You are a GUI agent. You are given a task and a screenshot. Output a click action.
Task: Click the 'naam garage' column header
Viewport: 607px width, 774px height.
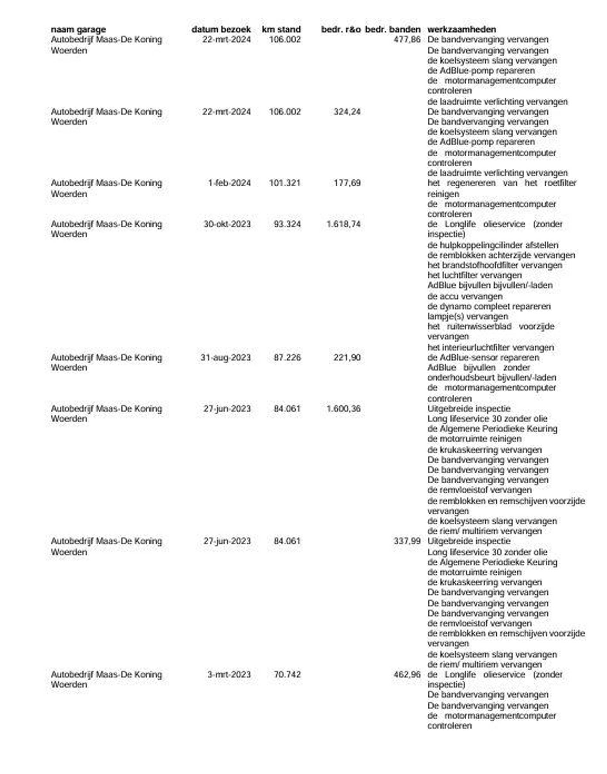pos(78,29)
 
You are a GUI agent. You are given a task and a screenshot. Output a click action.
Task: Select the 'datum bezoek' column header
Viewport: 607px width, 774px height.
pos(221,29)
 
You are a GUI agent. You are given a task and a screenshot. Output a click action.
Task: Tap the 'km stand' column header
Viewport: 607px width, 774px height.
pos(281,29)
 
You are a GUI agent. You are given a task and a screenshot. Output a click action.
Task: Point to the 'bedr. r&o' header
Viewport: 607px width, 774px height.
pos(341,29)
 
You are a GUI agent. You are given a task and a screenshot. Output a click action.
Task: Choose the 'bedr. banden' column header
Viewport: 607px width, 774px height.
pos(393,29)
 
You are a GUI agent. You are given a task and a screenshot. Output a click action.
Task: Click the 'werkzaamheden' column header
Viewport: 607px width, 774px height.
pos(462,29)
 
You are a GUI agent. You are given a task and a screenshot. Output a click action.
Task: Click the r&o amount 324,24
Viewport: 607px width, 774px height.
pos(347,112)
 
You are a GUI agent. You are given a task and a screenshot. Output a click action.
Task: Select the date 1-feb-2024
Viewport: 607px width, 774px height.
pos(229,183)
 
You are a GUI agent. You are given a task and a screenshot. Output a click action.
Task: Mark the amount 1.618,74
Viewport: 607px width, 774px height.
pos(343,224)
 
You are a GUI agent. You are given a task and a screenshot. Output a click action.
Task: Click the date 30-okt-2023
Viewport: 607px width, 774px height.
pos(227,224)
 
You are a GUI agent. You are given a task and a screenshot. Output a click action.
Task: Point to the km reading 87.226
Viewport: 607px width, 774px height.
pos(287,357)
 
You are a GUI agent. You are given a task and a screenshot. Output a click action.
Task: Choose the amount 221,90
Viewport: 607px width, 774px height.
pos(347,357)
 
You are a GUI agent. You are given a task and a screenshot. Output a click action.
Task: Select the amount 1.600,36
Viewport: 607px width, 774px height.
pos(343,409)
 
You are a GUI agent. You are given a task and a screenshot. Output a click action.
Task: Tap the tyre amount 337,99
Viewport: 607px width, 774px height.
pos(407,541)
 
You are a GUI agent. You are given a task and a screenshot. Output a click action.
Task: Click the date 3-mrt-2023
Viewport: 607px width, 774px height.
pos(229,674)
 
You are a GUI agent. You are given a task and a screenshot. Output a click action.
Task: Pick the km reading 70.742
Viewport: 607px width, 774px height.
pos(287,674)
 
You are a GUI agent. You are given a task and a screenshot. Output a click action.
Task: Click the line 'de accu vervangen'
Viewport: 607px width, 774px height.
pos(465,296)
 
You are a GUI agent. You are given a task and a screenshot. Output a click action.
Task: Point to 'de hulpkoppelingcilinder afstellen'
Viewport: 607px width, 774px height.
pos(493,245)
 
